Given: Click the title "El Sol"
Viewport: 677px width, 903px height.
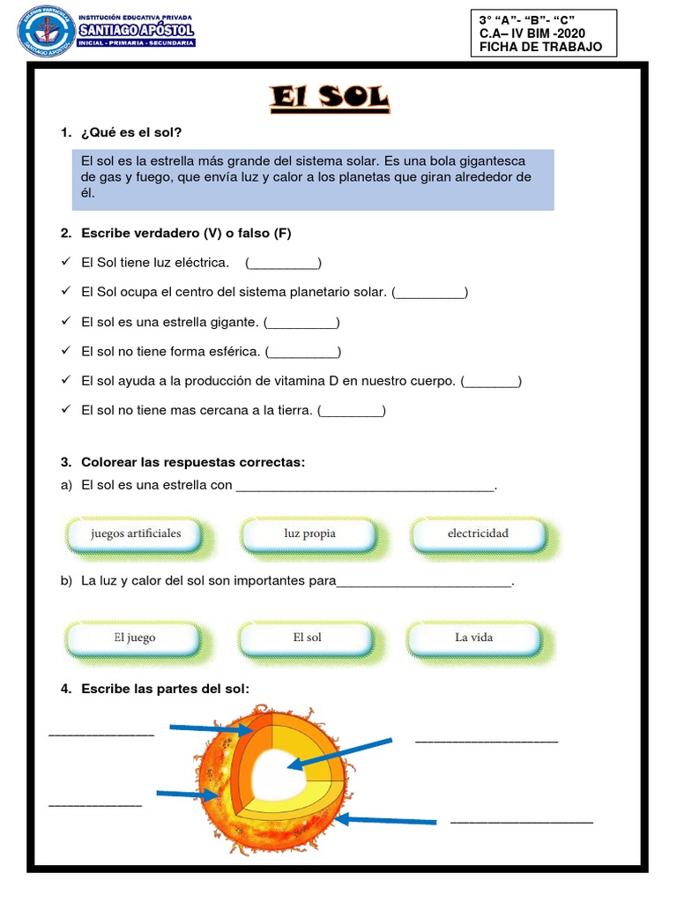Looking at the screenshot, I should [330, 98].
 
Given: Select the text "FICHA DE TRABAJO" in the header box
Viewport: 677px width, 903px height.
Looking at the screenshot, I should [540, 47].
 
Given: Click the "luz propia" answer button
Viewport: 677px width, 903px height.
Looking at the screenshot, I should [309, 534].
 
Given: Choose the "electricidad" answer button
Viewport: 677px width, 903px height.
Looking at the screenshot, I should [478, 534].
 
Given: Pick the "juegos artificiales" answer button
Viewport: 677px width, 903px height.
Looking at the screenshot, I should [135, 534].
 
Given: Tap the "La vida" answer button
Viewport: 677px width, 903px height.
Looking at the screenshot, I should [473, 638].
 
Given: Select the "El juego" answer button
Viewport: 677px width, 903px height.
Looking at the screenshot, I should [134, 638].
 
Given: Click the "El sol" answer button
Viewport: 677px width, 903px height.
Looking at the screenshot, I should [307, 638].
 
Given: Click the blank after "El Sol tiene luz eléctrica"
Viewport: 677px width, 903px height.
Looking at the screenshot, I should [283, 263].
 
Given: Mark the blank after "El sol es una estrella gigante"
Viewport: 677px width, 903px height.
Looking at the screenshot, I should [301, 322].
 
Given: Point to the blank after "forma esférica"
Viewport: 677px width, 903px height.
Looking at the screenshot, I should [302, 352].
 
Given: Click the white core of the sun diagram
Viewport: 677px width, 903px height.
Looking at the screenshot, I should [281, 777].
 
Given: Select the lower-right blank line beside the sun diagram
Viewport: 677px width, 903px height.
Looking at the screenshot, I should [521, 822].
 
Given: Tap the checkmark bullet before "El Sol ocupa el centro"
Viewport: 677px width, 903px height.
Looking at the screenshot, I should [65, 292].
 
